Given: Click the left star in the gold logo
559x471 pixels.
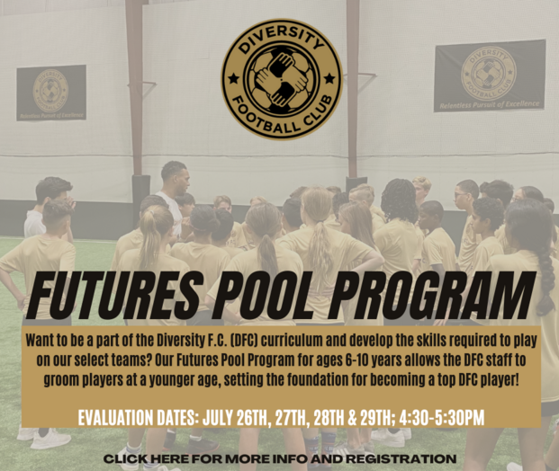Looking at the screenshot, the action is (x=234, y=77).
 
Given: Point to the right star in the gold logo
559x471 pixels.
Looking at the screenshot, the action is (x=329, y=77).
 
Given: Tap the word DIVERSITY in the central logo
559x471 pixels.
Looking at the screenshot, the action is (x=282, y=41).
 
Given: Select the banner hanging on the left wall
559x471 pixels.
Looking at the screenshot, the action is (x=51, y=93).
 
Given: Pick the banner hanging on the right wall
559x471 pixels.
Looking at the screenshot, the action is (x=490, y=76).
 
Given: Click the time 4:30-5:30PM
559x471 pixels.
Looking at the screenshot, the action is (x=442, y=418).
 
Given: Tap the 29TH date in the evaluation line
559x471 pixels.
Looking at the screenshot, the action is (x=374, y=418).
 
